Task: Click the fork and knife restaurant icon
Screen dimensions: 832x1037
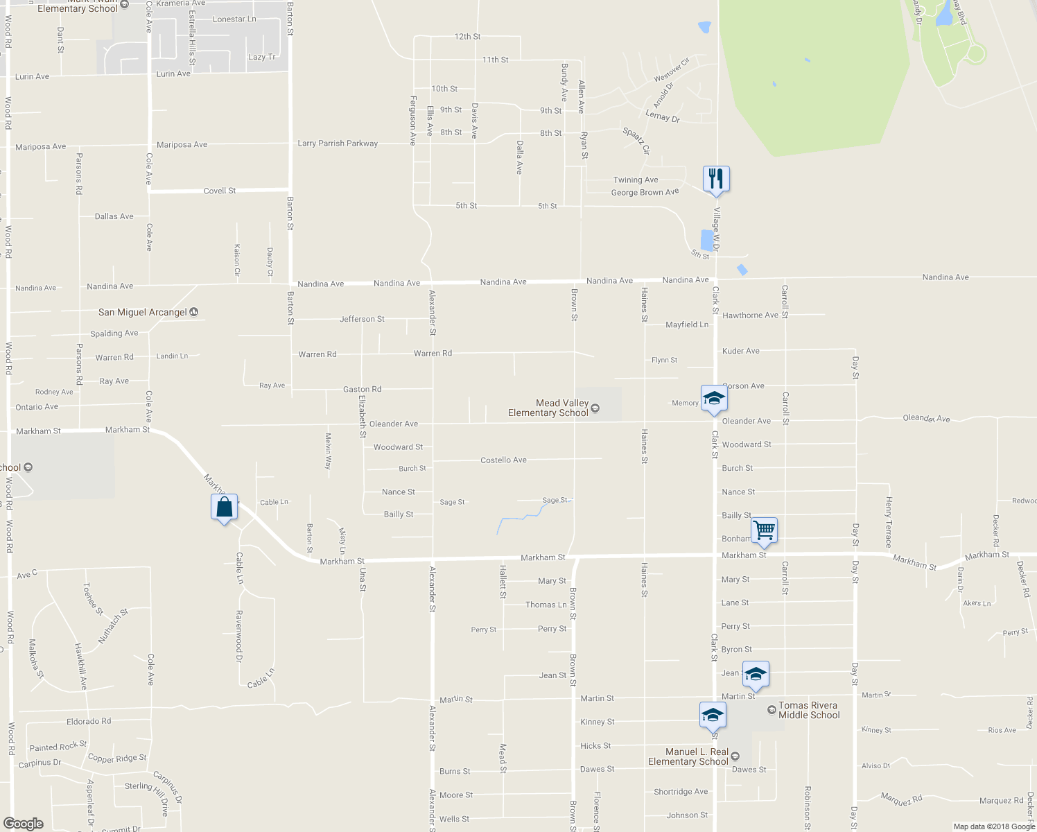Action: point(716,178)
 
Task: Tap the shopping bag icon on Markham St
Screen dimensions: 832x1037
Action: point(224,507)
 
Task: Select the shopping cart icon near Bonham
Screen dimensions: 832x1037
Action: point(763,530)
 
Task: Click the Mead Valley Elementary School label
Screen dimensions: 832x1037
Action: point(561,408)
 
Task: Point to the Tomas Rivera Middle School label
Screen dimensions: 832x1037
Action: point(808,710)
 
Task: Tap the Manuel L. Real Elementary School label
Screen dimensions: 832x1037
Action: point(688,756)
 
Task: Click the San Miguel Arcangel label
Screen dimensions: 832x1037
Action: point(143,312)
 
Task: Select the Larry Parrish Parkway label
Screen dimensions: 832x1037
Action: point(338,144)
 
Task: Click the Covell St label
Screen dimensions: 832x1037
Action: point(220,191)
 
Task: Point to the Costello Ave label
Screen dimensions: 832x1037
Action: point(503,460)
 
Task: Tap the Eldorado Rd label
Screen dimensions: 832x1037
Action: point(89,721)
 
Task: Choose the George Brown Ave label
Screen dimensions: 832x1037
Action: point(645,192)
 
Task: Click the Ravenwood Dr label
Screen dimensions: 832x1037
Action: point(239,636)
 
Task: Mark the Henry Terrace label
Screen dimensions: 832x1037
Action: point(888,522)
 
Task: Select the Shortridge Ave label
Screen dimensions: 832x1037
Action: point(681,791)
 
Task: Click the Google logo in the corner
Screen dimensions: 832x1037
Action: point(24,823)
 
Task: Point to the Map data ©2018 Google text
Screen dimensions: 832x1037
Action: point(994,826)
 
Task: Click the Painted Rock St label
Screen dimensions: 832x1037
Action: point(58,746)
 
